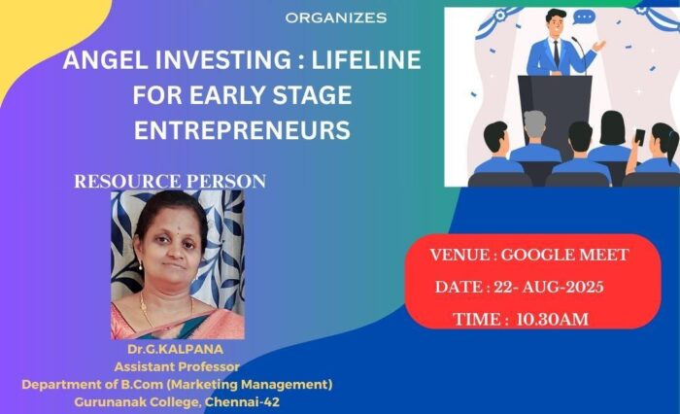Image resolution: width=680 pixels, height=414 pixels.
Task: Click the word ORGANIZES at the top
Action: [336, 17]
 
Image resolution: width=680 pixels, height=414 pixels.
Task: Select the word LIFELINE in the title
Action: [366, 60]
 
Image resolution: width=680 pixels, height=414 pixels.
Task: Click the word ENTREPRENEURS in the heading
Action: [242, 130]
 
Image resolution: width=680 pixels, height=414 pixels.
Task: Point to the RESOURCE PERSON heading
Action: [170, 181]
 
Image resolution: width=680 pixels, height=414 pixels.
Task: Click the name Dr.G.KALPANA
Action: [176, 349]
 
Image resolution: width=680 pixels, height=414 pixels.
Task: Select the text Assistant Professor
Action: [177, 366]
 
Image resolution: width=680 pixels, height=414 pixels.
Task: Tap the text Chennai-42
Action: [243, 401]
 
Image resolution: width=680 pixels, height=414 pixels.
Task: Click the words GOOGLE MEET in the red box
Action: [564, 255]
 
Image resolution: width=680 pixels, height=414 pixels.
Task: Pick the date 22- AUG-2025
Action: [549, 287]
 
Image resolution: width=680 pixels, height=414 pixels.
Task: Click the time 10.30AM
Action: [552, 320]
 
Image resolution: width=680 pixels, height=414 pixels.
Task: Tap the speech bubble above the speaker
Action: [584, 17]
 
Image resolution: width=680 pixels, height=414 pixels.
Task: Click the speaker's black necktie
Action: [556, 52]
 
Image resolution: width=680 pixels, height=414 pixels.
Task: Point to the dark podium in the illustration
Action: [555, 110]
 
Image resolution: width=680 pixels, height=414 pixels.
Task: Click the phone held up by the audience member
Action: [639, 137]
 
